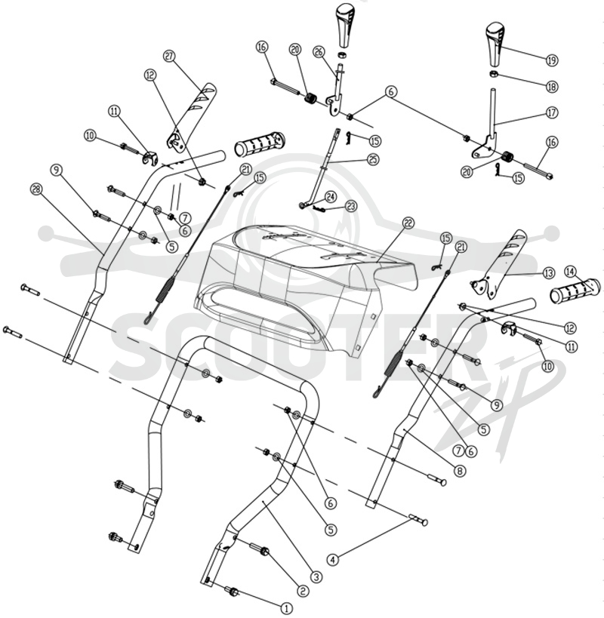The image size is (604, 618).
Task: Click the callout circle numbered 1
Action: pyautogui.click(x=287, y=608)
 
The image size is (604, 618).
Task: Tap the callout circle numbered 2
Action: pyautogui.click(x=303, y=591)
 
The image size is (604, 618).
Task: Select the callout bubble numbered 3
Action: pyautogui.click(x=316, y=577)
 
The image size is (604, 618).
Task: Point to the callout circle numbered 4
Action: pyautogui.click(x=333, y=559)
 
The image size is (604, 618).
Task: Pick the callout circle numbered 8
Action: pyautogui.click(x=459, y=470)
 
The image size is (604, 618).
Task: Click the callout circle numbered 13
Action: pyautogui.click(x=548, y=273)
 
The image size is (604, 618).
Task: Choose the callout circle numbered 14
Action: pyautogui.click(x=571, y=272)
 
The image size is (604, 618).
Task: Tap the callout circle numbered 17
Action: pyautogui.click(x=553, y=112)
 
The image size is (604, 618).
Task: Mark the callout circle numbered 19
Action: pyautogui.click(x=552, y=60)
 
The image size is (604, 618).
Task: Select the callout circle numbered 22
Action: pyautogui.click(x=408, y=223)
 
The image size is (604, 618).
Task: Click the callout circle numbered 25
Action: pyautogui.click(x=372, y=159)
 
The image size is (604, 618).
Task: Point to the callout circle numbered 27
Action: pyautogui.click(x=169, y=57)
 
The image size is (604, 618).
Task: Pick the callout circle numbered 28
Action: pyautogui.click(x=36, y=189)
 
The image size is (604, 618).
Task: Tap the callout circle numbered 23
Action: pyautogui.click(x=350, y=206)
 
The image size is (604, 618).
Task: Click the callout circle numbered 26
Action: pyautogui.click(x=319, y=51)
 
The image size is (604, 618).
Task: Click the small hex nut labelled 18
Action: pyautogui.click(x=492, y=73)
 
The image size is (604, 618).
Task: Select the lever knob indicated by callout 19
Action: pyautogui.click(x=494, y=45)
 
